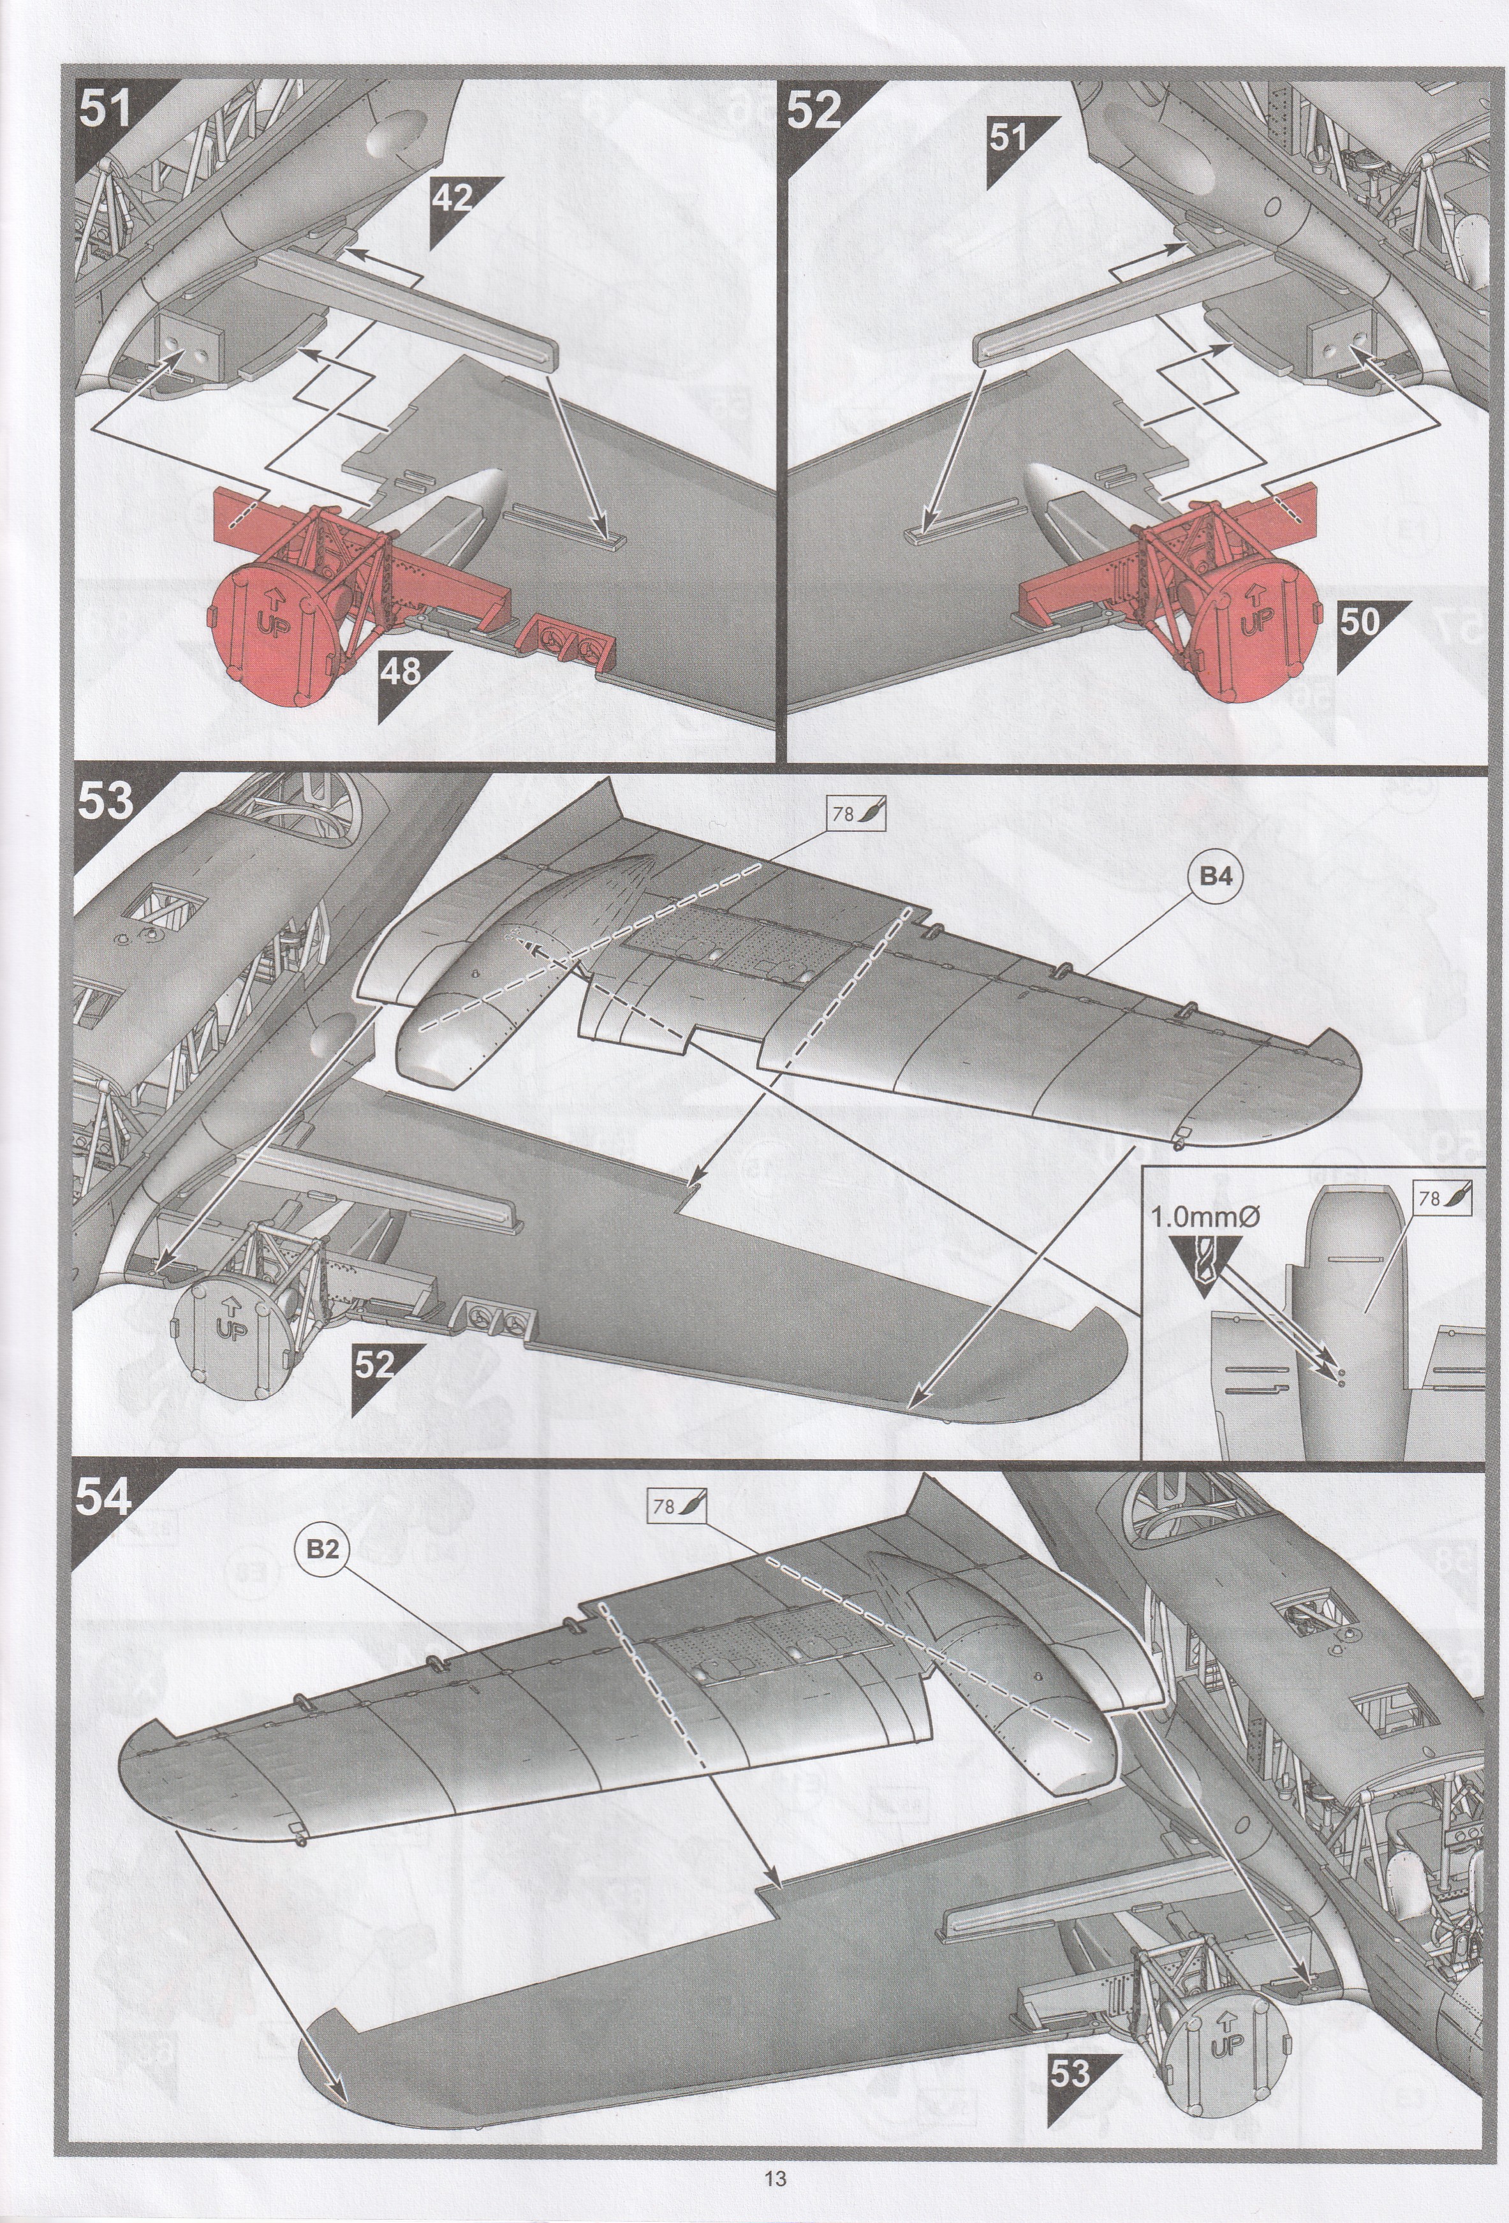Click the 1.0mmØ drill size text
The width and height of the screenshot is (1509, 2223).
tap(1204, 1216)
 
